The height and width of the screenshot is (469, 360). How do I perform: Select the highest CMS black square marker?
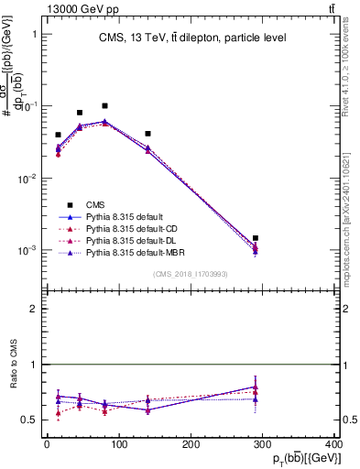[104, 106]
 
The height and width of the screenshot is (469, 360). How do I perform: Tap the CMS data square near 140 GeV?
[147, 134]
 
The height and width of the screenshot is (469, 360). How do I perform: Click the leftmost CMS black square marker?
[58, 135]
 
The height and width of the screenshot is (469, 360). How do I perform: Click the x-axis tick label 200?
[191, 444]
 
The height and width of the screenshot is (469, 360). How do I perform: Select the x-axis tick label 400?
[333, 444]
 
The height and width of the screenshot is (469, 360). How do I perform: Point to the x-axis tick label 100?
[118, 444]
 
